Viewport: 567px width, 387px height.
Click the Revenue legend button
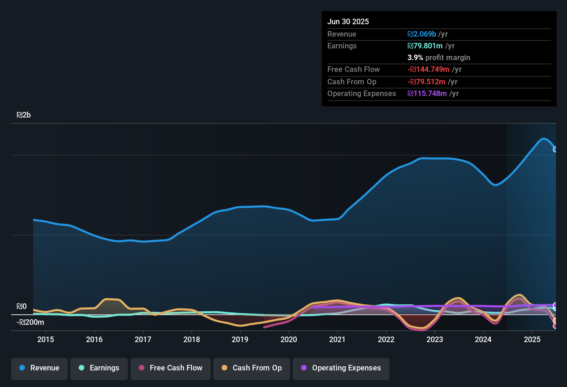(x=39, y=368)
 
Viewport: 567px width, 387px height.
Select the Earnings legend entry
(x=99, y=368)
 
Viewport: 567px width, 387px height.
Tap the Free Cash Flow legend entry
(x=171, y=368)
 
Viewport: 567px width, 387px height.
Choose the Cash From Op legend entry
(x=252, y=368)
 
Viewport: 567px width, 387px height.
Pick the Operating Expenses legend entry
(x=341, y=368)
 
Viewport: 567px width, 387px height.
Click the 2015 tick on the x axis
(x=46, y=340)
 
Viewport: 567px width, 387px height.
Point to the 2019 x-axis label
(x=240, y=340)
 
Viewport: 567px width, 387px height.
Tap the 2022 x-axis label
(x=386, y=340)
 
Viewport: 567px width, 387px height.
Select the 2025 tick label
(x=532, y=340)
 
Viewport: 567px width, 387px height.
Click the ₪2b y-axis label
(x=24, y=115)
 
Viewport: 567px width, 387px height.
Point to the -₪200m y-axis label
(x=30, y=322)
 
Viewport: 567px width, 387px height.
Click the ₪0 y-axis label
(x=22, y=306)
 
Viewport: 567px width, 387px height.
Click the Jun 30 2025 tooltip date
(x=348, y=22)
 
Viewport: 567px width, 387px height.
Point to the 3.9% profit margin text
(x=439, y=58)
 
